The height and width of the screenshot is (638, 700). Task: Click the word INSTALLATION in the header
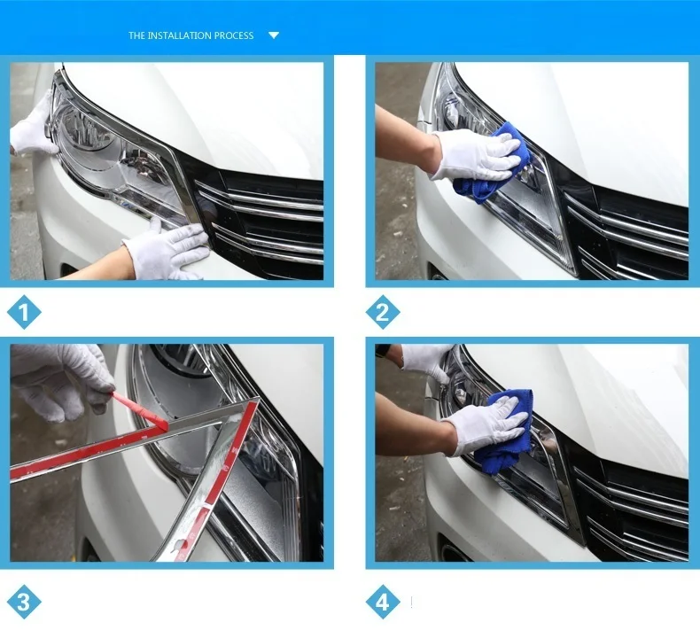pos(181,35)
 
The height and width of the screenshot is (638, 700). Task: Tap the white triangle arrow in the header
pos(274,35)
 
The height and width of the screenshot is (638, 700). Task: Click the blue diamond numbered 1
pos(24,312)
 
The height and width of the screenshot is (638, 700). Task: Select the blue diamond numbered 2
pos(383,312)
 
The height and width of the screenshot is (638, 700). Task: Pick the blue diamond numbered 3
pos(24,602)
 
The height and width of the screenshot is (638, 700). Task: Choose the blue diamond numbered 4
pos(383,602)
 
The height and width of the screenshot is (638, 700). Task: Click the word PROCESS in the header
pos(234,35)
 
